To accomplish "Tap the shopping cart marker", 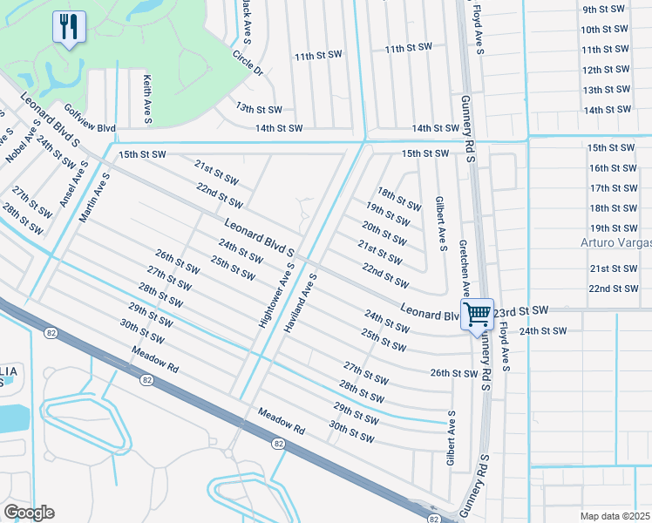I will click(478, 315).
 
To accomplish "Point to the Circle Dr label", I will click(247, 61).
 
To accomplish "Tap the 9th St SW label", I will click(606, 10).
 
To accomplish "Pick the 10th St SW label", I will click(606, 30).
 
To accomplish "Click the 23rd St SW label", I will click(520, 310).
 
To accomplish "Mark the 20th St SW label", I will click(384, 234).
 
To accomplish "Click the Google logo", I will click(29, 513).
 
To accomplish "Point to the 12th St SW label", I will click(606, 70).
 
